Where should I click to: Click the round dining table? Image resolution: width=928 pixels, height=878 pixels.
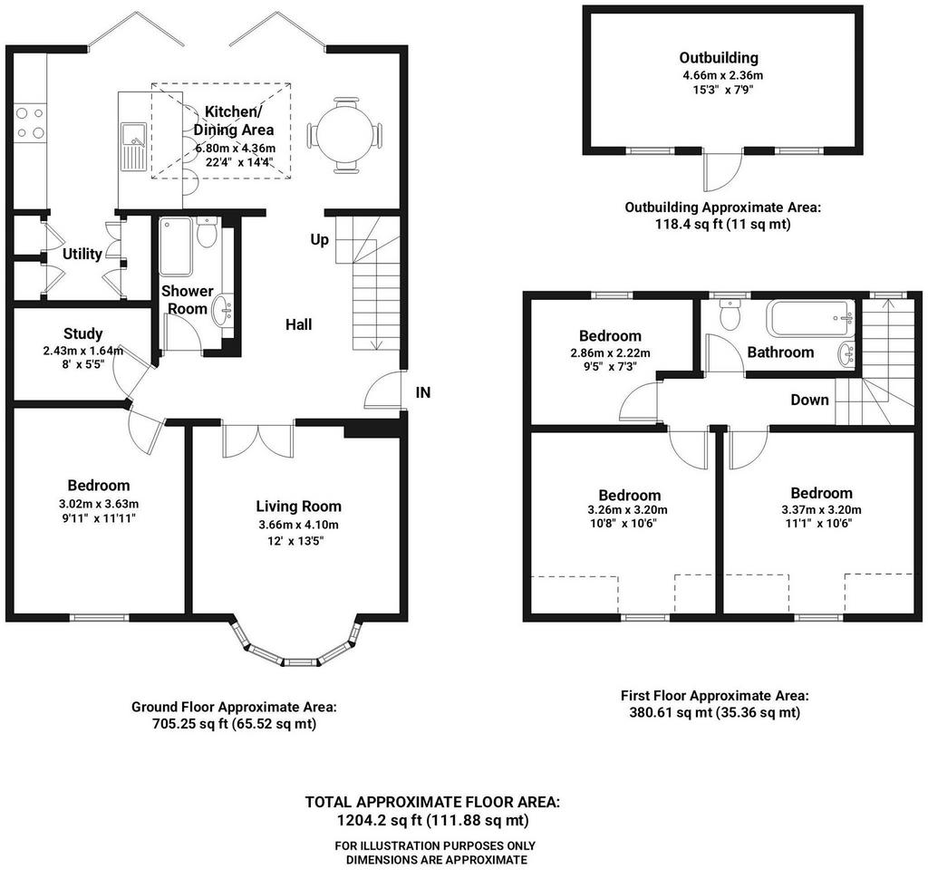[344, 136]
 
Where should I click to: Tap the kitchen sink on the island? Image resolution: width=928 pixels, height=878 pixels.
[134, 146]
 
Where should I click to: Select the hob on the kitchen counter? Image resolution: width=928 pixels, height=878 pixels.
[30, 122]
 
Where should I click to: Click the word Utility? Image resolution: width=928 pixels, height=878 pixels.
[82, 254]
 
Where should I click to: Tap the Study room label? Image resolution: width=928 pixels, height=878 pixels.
[82, 333]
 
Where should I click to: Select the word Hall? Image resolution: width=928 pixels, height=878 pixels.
[299, 324]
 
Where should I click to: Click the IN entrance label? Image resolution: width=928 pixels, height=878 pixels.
[423, 392]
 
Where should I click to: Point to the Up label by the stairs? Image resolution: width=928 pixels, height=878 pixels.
[320, 239]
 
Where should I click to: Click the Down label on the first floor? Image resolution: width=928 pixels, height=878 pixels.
[809, 400]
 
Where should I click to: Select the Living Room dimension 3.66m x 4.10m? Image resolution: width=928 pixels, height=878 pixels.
[299, 525]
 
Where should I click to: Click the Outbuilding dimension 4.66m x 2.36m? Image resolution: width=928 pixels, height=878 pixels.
[722, 76]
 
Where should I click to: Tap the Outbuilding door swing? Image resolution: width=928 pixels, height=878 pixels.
[722, 170]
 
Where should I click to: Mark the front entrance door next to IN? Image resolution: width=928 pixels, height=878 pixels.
[383, 390]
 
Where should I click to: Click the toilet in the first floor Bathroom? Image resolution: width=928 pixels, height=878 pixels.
[730, 314]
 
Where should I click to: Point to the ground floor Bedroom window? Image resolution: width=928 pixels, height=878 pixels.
[100, 618]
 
